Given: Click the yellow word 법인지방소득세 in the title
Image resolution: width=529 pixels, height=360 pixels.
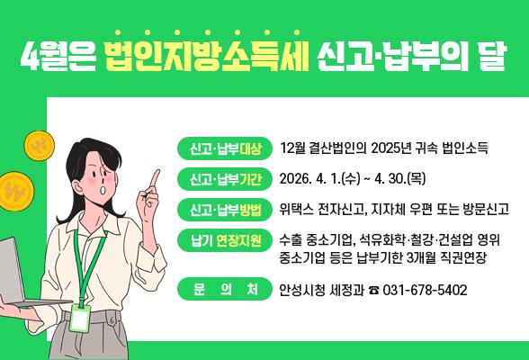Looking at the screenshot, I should [x=206, y=57].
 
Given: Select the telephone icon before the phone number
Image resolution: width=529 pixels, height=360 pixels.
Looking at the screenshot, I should [x=373, y=291].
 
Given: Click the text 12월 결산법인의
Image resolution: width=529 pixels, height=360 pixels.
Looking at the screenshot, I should [x=323, y=148].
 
